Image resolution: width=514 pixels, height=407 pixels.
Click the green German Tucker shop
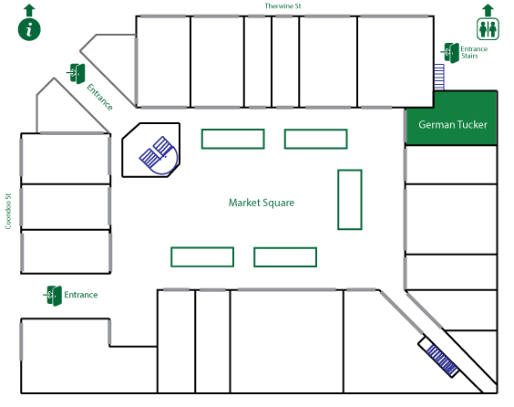(x=451, y=118)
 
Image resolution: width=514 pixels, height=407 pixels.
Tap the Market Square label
(x=262, y=203)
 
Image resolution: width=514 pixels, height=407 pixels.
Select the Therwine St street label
(x=283, y=6)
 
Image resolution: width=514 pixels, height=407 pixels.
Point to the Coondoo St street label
(x=8, y=211)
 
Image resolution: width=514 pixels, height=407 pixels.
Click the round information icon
(x=29, y=29)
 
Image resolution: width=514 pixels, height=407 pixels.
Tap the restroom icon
(x=488, y=29)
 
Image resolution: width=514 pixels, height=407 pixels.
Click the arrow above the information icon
(x=29, y=10)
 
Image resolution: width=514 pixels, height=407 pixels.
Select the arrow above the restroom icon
(x=488, y=10)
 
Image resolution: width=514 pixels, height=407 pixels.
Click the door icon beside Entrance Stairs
(x=450, y=53)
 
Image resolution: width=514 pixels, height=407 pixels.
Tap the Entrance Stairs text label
(x=474, y=53)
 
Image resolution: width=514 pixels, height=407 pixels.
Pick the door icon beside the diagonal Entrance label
(x=76, y=74)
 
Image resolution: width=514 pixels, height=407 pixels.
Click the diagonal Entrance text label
(x=99, y=97)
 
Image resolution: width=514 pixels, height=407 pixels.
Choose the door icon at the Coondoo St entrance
(x=53, y=296)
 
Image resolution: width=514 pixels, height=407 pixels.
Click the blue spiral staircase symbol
(x=159, y=155)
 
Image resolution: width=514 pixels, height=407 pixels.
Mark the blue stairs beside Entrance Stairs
(x=439, y=77)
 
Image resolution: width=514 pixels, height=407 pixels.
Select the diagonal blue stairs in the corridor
(x=442, y=360)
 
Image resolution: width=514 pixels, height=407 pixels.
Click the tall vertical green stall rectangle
(x=350, y=200)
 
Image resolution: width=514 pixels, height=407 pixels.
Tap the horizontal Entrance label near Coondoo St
(x=80, y=295)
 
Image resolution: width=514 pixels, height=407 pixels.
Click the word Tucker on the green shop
(x=470, y=125)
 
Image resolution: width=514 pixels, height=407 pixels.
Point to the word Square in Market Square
(x=279, y=203)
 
